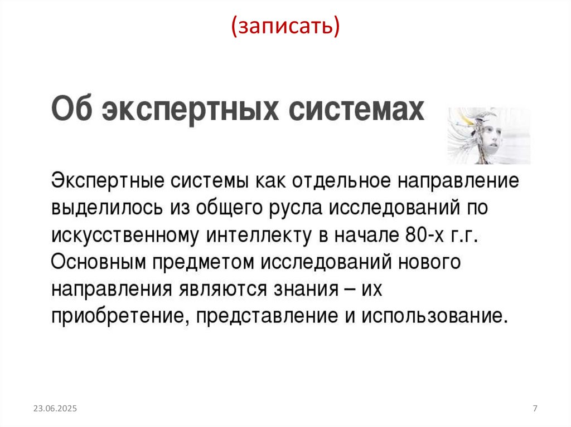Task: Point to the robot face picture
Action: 488,136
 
